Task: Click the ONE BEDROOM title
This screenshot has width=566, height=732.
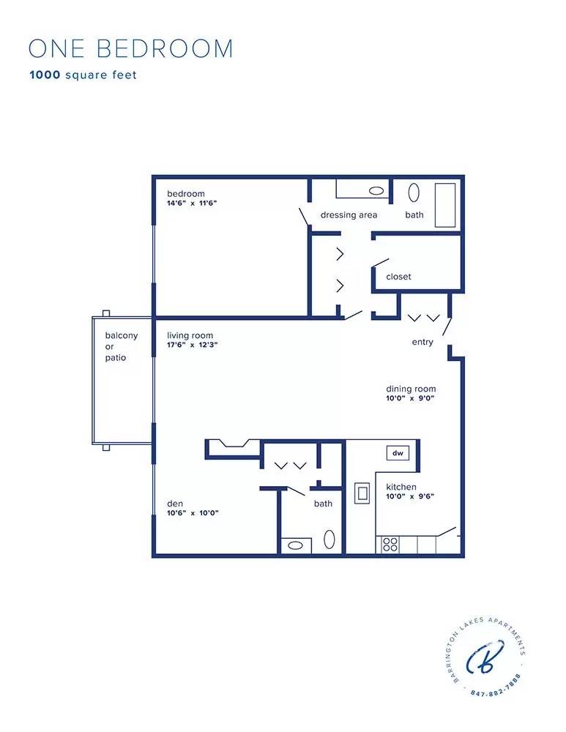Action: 130,48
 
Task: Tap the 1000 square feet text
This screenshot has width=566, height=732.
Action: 83,75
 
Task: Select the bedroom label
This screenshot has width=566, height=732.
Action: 185,194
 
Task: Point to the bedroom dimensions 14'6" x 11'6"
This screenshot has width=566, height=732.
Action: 192,203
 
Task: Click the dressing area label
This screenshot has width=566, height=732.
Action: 349,215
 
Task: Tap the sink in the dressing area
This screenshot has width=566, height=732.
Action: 376,190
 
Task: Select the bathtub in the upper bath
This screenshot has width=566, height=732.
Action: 445,205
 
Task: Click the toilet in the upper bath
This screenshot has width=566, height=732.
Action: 414,193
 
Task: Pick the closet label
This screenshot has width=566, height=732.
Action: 398,277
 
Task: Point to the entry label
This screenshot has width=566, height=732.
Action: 422,342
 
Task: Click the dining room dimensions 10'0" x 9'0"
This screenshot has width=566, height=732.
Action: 411,399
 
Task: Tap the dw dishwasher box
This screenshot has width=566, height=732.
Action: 398,453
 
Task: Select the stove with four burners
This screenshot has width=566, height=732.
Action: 391,545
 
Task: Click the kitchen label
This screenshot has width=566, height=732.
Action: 401,487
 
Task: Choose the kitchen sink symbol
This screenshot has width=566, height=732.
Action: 362,493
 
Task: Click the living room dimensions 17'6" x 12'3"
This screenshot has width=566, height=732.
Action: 193,345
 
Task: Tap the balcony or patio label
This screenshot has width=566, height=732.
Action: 121,346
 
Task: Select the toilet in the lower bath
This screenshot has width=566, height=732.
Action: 329,540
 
